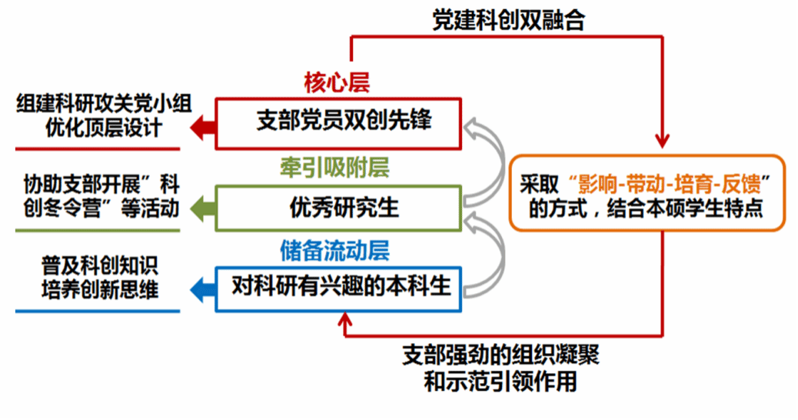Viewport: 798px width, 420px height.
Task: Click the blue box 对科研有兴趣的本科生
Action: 339,288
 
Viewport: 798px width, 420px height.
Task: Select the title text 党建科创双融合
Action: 509,20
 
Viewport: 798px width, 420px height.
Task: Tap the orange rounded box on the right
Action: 647,193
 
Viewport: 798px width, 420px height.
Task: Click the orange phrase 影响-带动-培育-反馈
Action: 668,182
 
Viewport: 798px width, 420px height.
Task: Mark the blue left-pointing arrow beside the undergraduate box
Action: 202,289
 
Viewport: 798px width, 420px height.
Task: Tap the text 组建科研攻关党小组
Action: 104,105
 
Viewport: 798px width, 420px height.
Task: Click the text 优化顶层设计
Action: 104,128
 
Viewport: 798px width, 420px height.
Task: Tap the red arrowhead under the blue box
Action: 346,319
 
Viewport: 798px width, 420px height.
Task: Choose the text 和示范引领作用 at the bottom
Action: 500,381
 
